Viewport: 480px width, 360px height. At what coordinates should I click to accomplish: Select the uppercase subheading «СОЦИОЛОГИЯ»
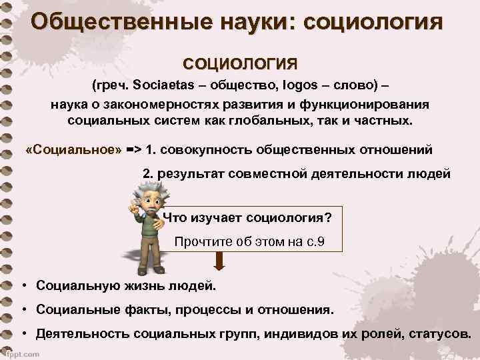[241, 64]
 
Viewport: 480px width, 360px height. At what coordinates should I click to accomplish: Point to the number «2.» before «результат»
[148, 173]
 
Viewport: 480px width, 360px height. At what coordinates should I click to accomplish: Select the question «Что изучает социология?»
[247, 217]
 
